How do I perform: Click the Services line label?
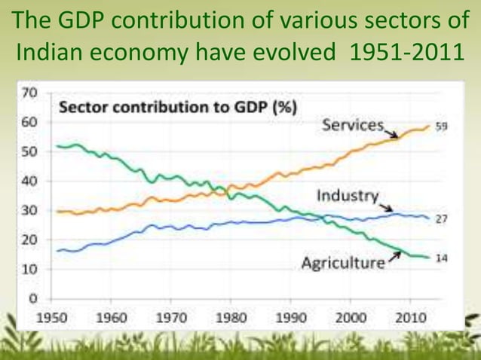(x=352, y=126)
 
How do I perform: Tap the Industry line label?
(x=346, y=196)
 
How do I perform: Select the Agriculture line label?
(x=343, y=263)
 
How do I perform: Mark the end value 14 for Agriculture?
(x=441, y=257)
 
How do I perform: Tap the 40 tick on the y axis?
(x=29, y=181)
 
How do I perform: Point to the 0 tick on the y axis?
(x=32, y=297)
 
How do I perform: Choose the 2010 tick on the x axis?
(x=410, y=317)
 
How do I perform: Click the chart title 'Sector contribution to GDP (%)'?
(x=177, y=106)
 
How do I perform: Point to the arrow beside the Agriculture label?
(x=393, y=258)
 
